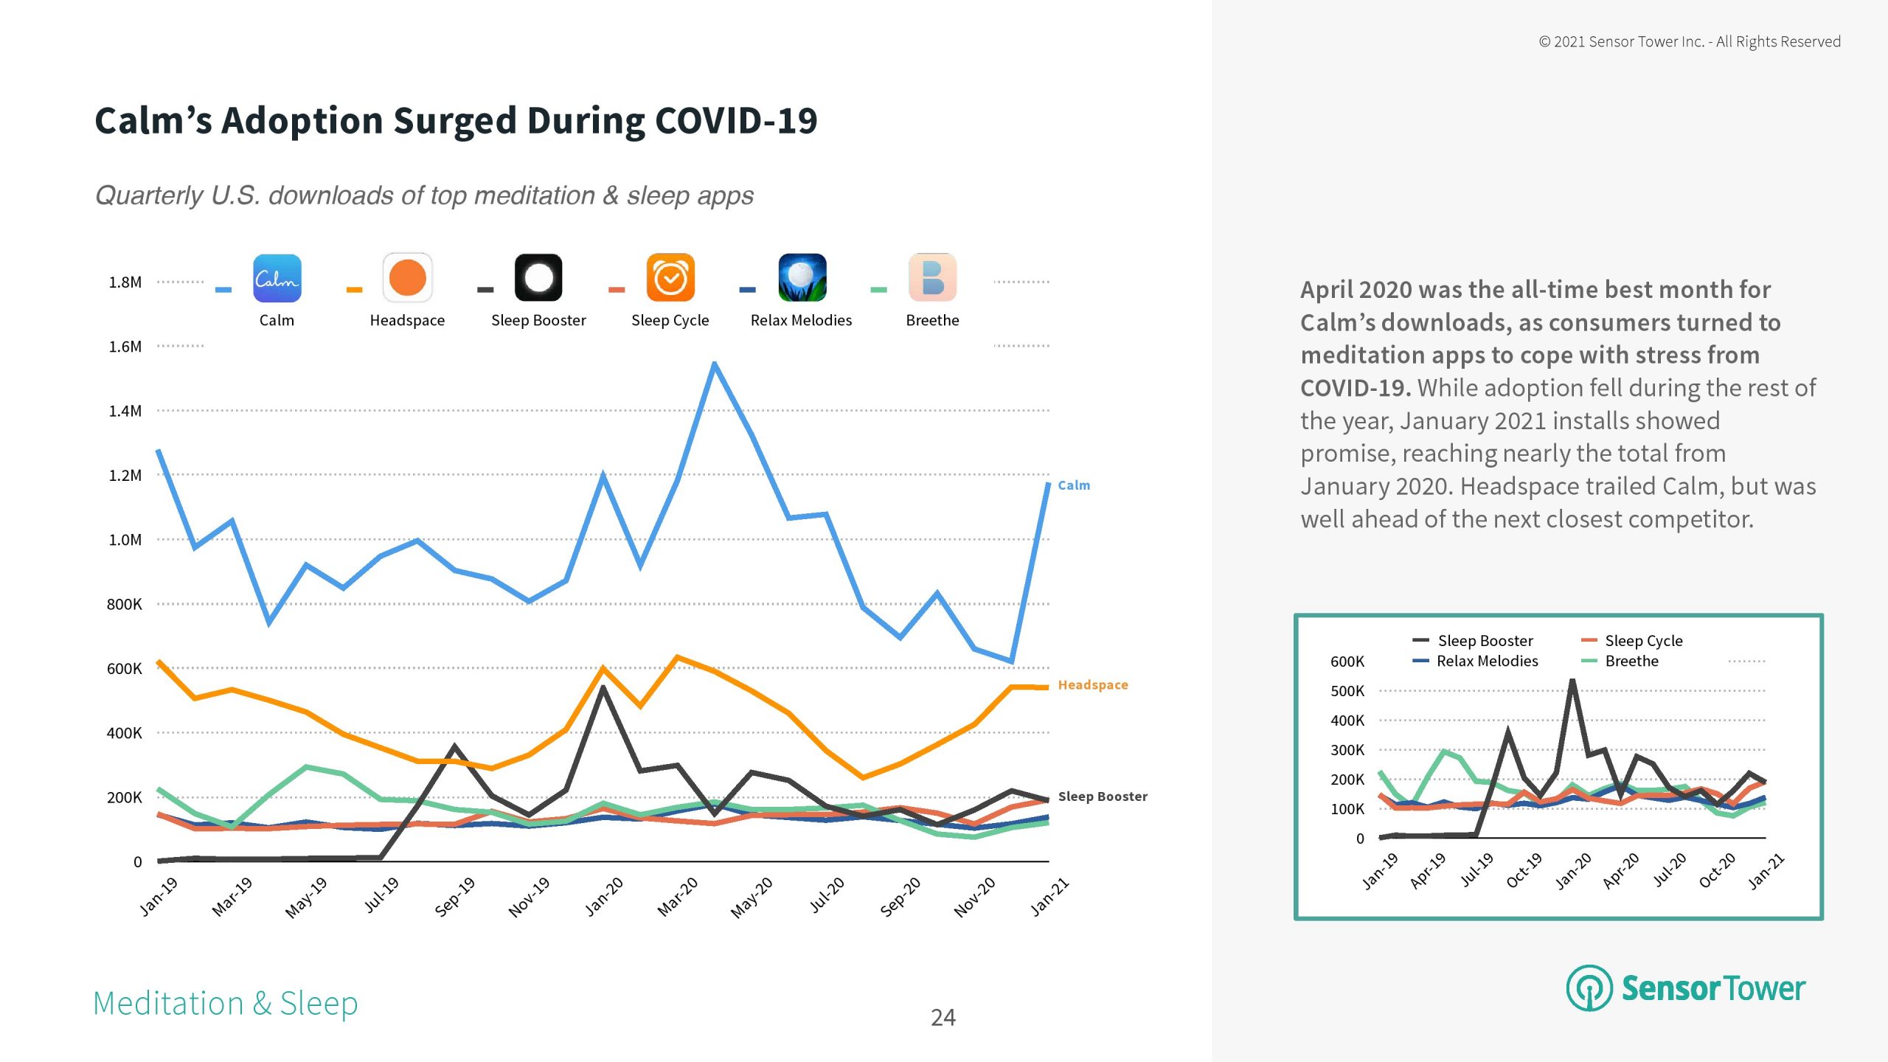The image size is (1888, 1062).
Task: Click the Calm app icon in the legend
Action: click(x=277, y=278)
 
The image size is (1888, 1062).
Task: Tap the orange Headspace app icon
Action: click(x=407, y=278)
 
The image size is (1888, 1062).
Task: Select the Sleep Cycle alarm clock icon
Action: click(x=670, y=278)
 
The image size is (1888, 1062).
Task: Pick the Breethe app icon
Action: click(x=932, y=278)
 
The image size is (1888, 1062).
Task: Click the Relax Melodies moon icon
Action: click(x=802, y=278)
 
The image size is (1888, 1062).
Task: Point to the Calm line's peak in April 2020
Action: click(x=714, y=364)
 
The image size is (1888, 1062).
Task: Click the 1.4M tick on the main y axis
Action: click(x=125, y=411)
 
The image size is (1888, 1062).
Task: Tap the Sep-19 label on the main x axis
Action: click(x=454, y=896)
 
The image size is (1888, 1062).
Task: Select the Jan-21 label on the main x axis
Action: click(x=1049, y=896)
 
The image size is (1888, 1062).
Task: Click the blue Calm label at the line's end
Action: click(x=1074, y=485)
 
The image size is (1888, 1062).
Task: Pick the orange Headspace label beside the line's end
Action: click(x=1093, y=685)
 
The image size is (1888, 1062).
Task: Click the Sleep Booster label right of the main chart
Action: click(x=1103, y=796)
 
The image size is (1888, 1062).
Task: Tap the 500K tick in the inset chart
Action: click(x=1347, y=691)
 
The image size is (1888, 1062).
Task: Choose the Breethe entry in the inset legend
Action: click(x=1631, y=661)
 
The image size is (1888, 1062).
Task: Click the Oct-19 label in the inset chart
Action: click(x=1524, y=870)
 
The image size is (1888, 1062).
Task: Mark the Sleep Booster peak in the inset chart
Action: click(x=1572, y=681)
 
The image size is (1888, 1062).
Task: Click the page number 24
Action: click(x=943, y=1018)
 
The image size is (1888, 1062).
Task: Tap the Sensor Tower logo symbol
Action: click(x=1589, y=988)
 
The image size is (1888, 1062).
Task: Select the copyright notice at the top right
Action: click(x=1689, y=41)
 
